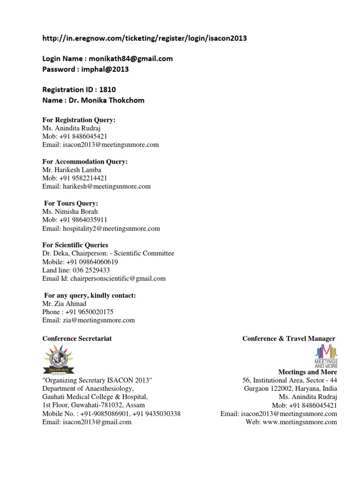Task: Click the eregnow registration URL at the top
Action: [144, 38]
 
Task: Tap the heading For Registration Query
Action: [79, 120]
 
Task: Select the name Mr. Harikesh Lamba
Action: [72, 170]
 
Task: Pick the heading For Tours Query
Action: [71, 203]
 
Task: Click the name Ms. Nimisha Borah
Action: [70, 211]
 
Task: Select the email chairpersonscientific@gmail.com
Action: [118, 278]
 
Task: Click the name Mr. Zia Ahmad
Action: [64, 304]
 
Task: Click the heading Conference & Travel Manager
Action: [288, 338]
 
